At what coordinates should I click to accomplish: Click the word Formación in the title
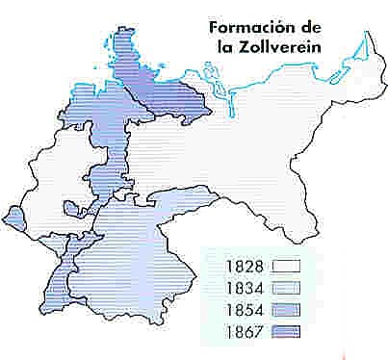[246, 27]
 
